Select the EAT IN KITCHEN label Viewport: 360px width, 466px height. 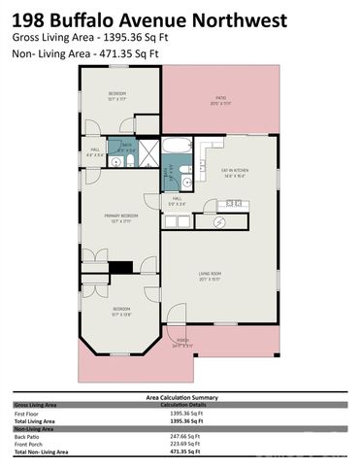(237, 172)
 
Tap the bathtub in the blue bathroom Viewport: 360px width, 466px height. (180, 147)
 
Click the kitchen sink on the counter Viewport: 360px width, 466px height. (233, 204)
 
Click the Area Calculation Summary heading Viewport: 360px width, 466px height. (180, 397)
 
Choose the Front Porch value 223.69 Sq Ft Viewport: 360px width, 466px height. (179, 446)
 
